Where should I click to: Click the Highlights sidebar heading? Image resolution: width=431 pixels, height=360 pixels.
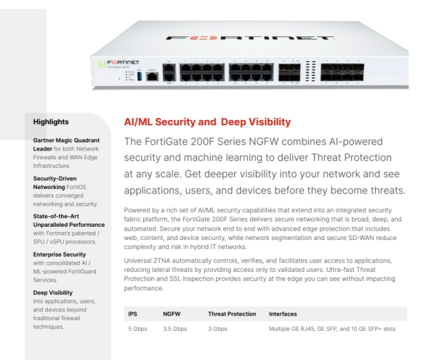click(x=51, y=122)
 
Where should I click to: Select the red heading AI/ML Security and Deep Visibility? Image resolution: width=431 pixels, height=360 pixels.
click(x=208, y=122)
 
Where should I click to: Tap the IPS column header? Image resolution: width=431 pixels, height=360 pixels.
click(x=133, y=314)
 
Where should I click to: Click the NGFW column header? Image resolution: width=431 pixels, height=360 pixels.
click(x=172, y=314)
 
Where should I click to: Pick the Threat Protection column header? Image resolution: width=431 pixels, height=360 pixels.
click(x=232, y=314)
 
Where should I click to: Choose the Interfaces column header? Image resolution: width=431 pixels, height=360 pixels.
click(x=283, y=314)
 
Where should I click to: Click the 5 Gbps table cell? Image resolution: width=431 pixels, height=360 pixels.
click(x=138, y=329)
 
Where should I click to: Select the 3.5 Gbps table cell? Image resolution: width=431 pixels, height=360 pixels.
click(x=175, y=329)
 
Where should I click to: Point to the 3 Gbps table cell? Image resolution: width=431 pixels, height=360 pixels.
click(x=217, y=329)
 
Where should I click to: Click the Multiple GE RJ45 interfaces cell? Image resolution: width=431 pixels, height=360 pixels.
click(x=332, y=329)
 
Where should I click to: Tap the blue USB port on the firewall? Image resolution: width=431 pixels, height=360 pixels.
click(x=139, y=76)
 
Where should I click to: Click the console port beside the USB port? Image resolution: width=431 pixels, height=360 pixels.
click(x=152, y=76)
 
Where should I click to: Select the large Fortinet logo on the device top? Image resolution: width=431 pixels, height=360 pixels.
click(x=249, y=38)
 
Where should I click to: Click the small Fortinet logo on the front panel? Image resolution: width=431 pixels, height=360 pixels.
click(x=123, y=63)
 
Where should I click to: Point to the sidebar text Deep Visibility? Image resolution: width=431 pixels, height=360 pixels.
click(x=53, y=292)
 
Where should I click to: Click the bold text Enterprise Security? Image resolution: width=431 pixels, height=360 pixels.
click(x=60, y=255)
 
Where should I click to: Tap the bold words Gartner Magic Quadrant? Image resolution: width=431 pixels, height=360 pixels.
click(x=66, y=140)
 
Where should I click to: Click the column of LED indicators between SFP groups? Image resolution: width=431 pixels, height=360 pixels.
click(x=310, y=71)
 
